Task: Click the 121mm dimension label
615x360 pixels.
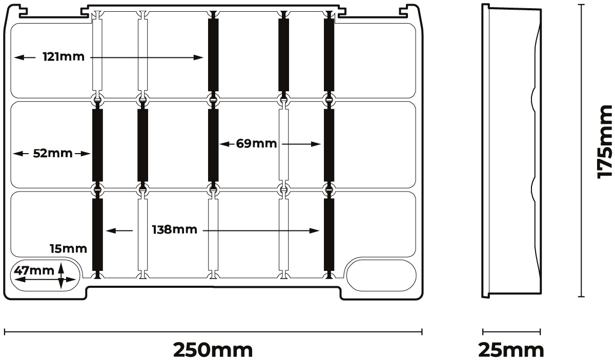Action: pyautogui.click(x=64, y=57)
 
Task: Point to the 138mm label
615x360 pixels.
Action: pyautogui.click(x=174, y=230)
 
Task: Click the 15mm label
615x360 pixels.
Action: pyautogui.click(x=68, y=249)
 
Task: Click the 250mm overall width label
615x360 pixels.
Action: pyautogui.click(x=213, y=350)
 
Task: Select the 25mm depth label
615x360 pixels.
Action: pyautogui.click(x=511, y=350)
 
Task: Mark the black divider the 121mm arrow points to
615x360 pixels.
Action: pyautogui.click(x=214, y=55)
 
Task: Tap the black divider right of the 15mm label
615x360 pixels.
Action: pyautogui.click(x=97, y=235)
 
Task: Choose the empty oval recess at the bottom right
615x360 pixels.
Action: pyautogui.click(x=381, y=274)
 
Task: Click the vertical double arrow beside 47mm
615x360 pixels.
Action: pyautogui.click(x=61, y=275)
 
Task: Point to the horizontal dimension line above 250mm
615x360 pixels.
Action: pyautogui.click(x=213, y=332)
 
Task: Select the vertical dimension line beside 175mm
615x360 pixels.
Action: pyautogui.click(x=581, y=150)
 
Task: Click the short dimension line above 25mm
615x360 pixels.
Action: pyautogui.click(x=511, y=332)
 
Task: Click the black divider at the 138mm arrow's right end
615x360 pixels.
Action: pyautogui.click(x=329, y=235)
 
